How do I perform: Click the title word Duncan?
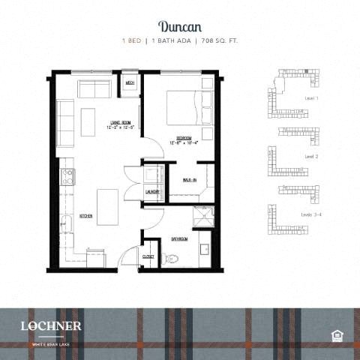click(180, 28)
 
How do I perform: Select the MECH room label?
click(130, 82)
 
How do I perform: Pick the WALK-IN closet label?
click(190, 180)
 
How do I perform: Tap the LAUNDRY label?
click(153, 192)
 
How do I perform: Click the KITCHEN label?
click(85, 217)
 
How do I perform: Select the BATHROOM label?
click(180, 238)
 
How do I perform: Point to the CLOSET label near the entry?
click(148, 256)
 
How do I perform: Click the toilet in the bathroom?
click(171, 259)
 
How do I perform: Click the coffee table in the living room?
click(88, 122)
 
